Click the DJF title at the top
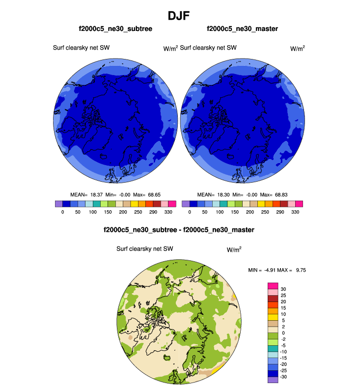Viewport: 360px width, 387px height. tap(180, 16)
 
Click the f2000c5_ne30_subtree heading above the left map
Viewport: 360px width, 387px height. tap(115, 29)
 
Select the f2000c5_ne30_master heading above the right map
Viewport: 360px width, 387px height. tap(242, 29)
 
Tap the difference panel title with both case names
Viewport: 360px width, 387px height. tap(179, 229)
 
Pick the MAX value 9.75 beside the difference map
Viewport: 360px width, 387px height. tap(299, 270)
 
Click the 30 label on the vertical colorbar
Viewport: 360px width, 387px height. tap(283, 289)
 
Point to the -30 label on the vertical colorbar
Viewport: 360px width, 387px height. tap(284, 377)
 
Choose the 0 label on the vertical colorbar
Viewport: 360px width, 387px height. tap(281, 333)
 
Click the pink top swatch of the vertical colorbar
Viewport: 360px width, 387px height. tap(273, 286)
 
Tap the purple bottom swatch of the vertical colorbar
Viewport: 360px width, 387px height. tap(273, 380)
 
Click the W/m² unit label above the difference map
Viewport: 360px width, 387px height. tap(234, 249)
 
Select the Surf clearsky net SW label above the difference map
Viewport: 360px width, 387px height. tap(145, 249)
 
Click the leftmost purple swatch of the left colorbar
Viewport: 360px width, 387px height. tap(59, 203)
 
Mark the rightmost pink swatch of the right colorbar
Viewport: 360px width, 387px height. tap(299, 203)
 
